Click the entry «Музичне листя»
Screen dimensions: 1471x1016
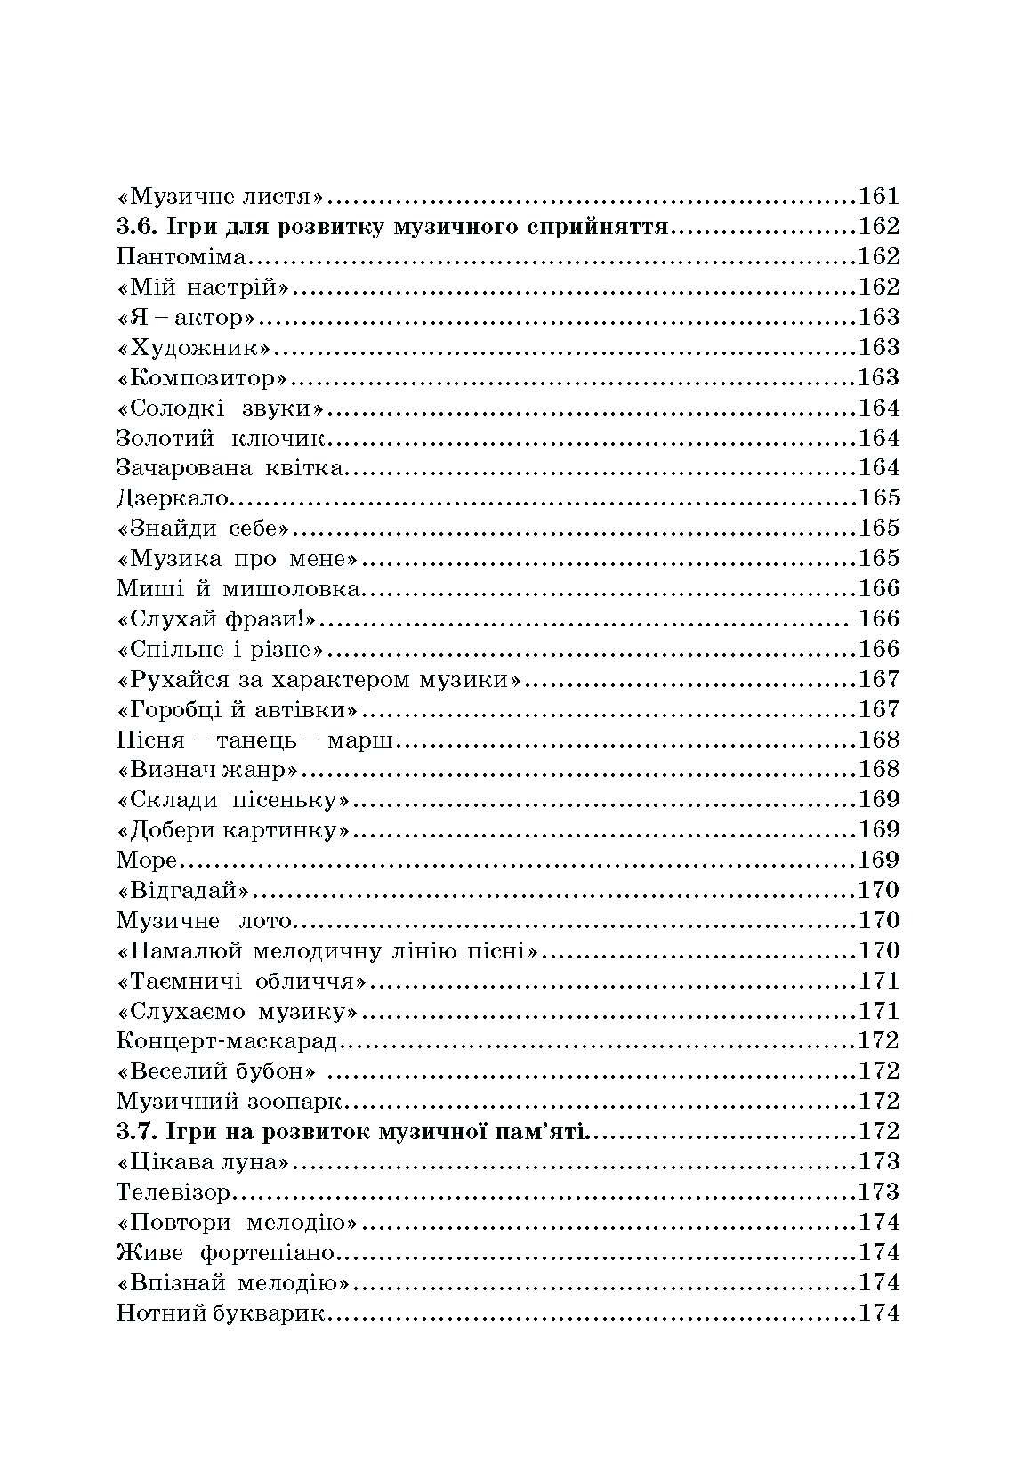pyautogui.click(x=219, y=196)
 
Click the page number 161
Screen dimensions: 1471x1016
pyautogui.click(x=878, y=196)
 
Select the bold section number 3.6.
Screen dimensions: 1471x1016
pyautogui.click(x=136, y=226)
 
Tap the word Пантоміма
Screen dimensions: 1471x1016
pyautogui.click(x=181, y=256)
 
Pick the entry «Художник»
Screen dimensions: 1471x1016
pyautogui.click(x=193, y=347)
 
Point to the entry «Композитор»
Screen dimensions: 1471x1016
pyautogui.click(x=202, y=377)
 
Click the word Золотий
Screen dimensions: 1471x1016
pyautogui.click(x=165, y=438)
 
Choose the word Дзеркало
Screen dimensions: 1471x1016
pyautogui.click(x=173, y=498)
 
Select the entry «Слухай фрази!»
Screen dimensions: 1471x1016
pyautogui.click(x=217, y=618)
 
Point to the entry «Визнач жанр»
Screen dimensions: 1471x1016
pyautogui.click(x=206, y=770)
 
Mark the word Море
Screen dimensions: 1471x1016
pyautogui.click(x=147, y=861)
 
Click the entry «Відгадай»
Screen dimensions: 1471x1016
pyautogui.click(x=181, y=891)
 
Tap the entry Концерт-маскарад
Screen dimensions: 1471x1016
pyautogui.click(x=227, y=1041)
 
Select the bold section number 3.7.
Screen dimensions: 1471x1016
pyautogui.click(x=136, y=1132)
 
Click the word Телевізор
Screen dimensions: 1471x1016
pyautogui.click(x=173, y=1192)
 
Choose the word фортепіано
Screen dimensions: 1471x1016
pyautogui.click(x=267, y=1253)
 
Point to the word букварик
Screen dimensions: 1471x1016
pyautogui.click(x=270, y=1313)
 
